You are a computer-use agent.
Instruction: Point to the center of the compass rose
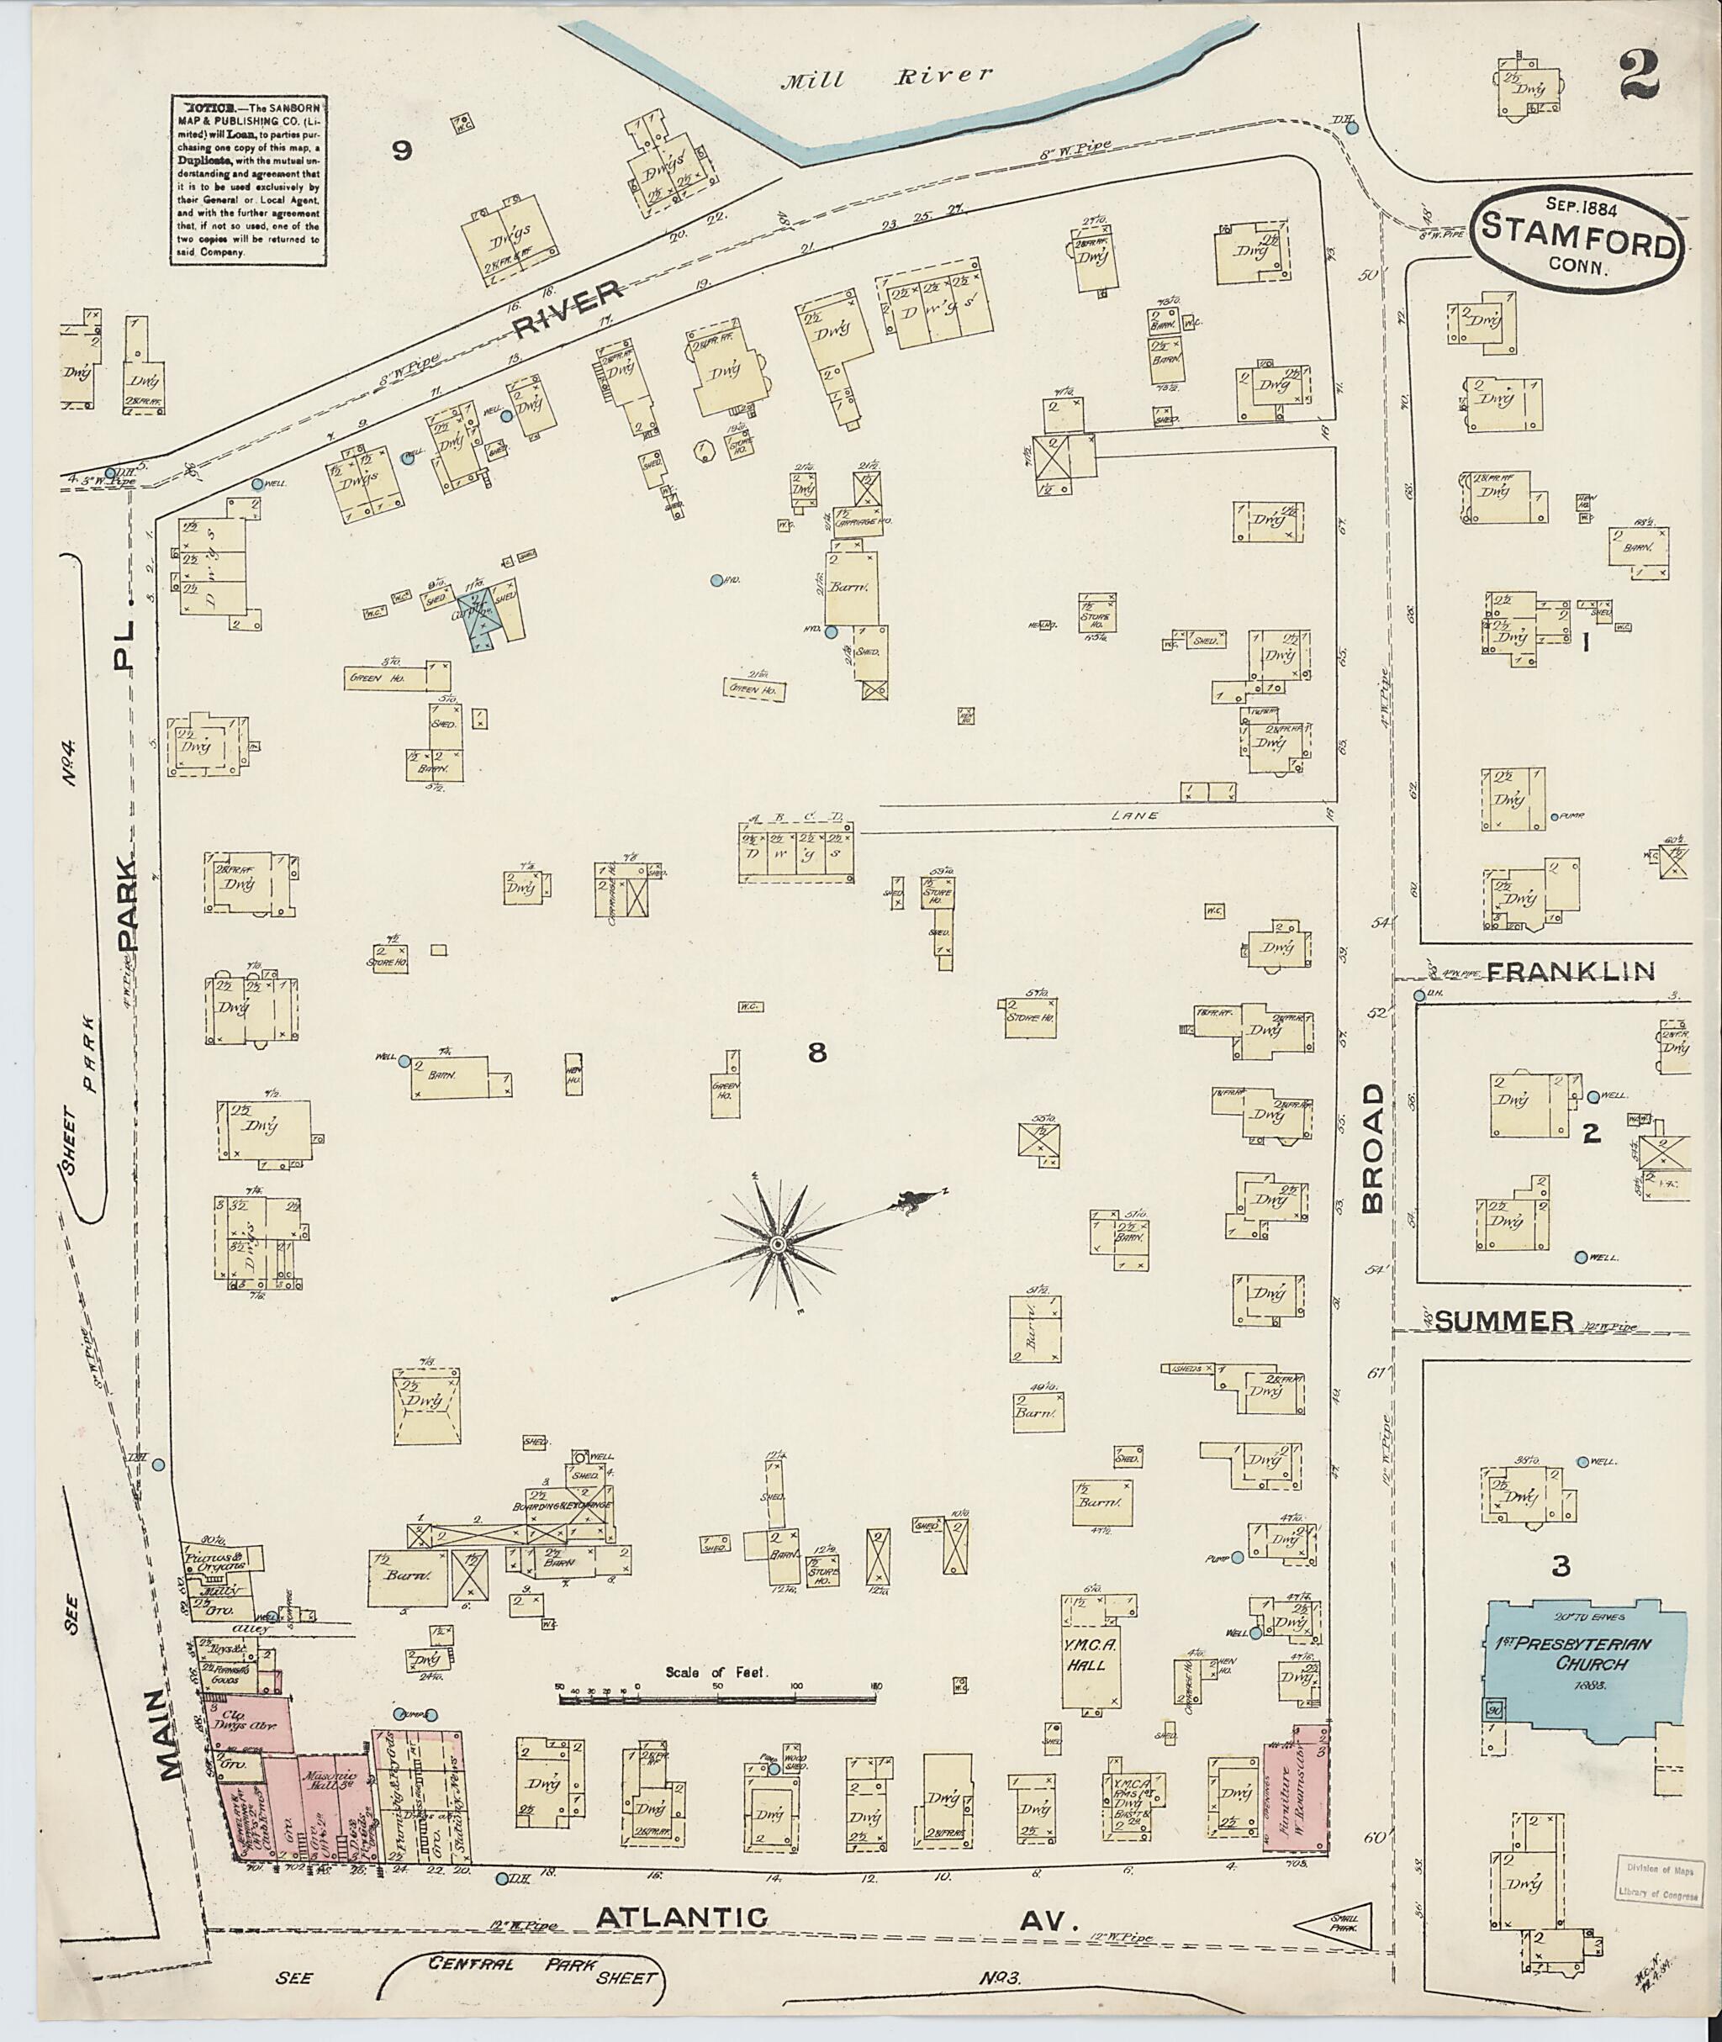coord(777,1244)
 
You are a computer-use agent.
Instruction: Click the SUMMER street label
coord(1504,1322)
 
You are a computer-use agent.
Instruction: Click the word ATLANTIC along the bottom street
coord(681,1917)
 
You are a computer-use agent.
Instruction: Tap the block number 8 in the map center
coord(818,1053)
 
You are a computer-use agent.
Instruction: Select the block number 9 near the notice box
coord(401,150)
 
